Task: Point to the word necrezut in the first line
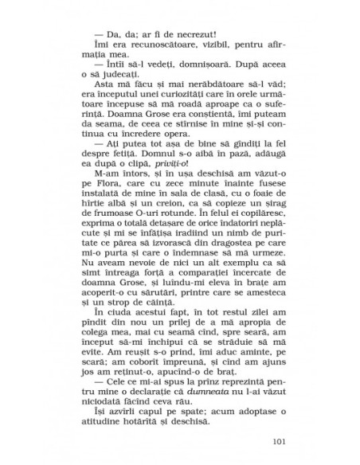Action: pos(194,37)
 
